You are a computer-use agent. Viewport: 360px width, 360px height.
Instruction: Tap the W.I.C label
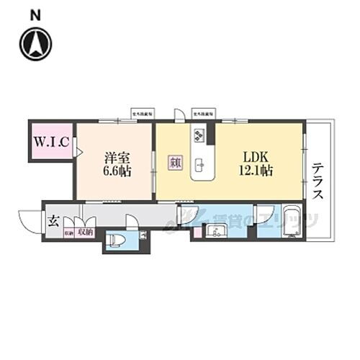51,142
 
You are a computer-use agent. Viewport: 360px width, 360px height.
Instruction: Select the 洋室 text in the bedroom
116,157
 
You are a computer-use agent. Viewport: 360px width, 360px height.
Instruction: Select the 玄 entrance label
53,221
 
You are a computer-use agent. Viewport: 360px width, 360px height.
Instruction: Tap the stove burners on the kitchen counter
199,135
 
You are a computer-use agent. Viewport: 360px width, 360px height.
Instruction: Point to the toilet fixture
117,239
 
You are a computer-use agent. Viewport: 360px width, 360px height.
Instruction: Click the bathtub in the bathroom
292,221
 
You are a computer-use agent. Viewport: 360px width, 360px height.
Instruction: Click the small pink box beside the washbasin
197,232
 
